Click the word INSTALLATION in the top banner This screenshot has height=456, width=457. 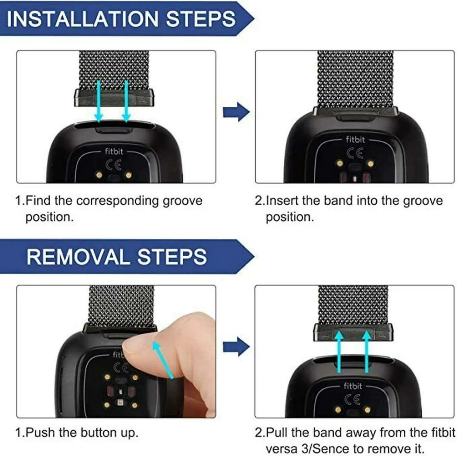(x=83, y=19)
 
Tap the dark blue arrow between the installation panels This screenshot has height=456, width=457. (x=236, y=112)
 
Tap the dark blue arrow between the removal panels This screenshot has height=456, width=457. (x=236, y=347)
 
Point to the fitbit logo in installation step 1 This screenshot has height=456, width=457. (x=114, y=151)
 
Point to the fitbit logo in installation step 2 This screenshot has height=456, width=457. (x=355, y=139)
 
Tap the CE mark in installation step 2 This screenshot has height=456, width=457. (x=355, y=153)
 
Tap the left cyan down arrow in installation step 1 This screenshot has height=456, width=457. (x=99, y=101)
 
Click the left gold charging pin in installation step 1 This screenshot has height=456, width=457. (x=99, y=175)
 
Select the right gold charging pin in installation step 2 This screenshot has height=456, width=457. (x=370, y=164)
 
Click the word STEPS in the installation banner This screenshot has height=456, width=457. (x=201, y=19)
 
